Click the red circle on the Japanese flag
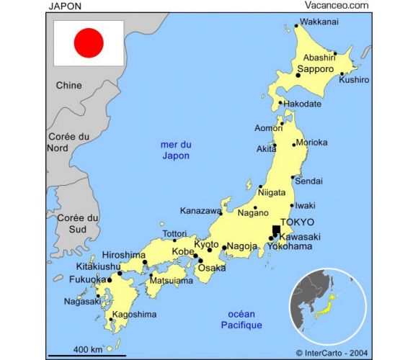89,43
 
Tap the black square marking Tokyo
275,230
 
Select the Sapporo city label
315,69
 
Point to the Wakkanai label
319,22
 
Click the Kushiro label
353,80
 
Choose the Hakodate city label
302,104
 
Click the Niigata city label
271,193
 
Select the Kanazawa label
200,212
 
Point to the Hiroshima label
123,255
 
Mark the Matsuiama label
170,282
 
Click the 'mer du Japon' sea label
176,150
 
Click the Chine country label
69,86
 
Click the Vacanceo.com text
337,5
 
